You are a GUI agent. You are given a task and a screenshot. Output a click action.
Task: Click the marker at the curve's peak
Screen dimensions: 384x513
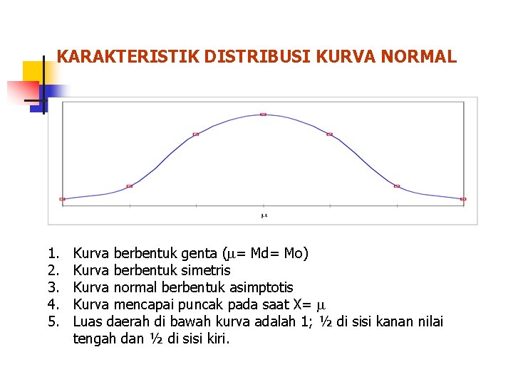[263, 114]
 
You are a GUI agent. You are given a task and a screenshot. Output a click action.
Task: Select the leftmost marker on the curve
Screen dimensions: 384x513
[62, 199]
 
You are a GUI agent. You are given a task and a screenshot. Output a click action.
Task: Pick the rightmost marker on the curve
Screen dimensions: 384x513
[464, 199]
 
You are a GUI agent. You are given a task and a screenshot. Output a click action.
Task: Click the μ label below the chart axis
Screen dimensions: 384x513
[263, 215]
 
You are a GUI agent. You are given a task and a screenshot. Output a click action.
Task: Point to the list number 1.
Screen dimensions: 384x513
[53, 253]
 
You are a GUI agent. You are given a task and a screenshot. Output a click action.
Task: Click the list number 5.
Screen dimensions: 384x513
[53, 322]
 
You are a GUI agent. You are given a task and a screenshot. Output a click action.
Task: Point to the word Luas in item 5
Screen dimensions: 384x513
[88, 322]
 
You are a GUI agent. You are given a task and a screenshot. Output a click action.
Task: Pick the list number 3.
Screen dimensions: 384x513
[53, 287]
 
